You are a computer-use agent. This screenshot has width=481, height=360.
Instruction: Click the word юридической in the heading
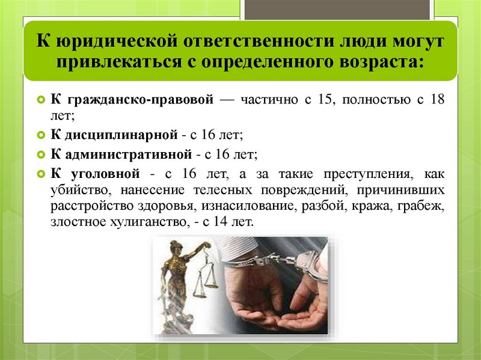[x=117, y=41]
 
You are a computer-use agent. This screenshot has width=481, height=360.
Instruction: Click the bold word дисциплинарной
[x=121, y=135]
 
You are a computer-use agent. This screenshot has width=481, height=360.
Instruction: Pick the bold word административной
[x=129, y=154]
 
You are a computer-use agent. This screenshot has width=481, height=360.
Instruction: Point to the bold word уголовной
[x=106, y=174]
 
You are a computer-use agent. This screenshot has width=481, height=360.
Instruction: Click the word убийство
[x=79, y=190]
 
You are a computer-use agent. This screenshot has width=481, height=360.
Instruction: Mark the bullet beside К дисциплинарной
[x=41, y=135]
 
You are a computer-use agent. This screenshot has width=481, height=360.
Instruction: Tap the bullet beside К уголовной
[x=41, y=174]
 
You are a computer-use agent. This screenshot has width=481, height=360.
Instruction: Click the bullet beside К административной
[x=41, y=154]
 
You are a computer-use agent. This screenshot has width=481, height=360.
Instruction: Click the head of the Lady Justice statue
[x=175, y=247]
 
